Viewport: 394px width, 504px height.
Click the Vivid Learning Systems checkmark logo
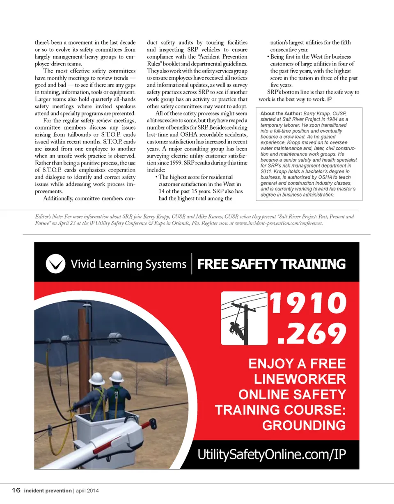tap(55, 263)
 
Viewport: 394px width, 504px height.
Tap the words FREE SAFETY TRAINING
tap(271, 264)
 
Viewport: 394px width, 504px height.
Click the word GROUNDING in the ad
tap(304, 425)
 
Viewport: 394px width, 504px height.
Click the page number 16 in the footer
tap(16, 490)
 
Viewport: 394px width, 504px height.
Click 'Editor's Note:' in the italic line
tap(45, 216)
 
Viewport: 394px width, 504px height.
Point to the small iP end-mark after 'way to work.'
tap(330, 99)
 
